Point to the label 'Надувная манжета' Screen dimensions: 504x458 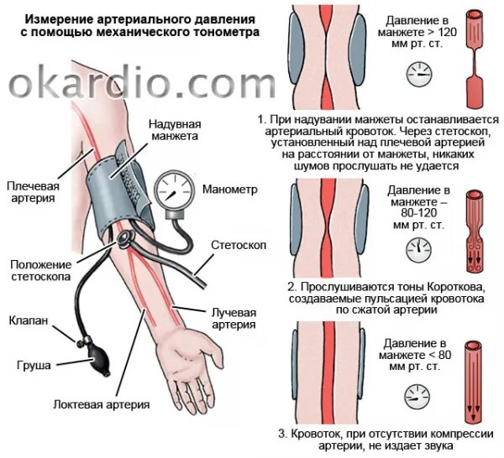tap(173, 128)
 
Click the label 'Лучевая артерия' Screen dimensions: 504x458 tap(232, 318)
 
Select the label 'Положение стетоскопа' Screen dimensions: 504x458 tap(41, 270)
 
